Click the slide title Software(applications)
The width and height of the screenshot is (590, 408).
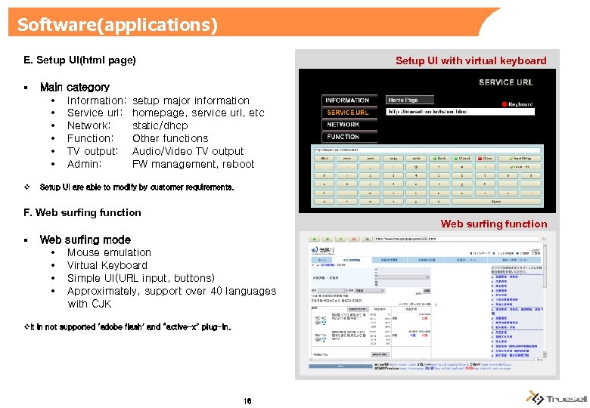117,25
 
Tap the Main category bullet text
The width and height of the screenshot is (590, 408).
74,87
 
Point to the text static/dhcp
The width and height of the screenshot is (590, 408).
160,125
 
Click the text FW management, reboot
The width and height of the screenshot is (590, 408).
193,164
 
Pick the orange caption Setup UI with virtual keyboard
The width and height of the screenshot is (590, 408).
470,60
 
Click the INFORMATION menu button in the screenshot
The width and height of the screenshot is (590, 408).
346,100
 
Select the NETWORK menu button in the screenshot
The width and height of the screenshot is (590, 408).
343,125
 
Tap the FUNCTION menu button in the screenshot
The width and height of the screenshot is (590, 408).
343,137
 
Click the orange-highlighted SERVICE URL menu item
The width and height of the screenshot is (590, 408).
347,113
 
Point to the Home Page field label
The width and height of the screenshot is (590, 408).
402,100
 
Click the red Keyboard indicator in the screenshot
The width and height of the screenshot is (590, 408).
517,104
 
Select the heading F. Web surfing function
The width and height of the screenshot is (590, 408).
82,212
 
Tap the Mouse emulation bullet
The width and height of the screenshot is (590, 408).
109,252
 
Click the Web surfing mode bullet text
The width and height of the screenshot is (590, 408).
85,240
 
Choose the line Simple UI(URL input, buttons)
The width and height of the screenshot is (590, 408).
141,278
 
